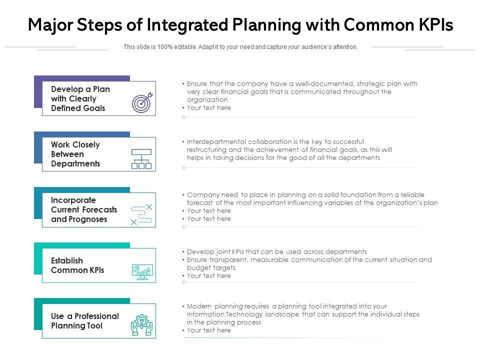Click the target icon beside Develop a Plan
[x=141, y=102]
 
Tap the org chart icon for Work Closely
[x=141, y=158]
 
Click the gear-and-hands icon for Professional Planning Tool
[x=141, y=325]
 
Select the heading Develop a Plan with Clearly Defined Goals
[x=80, y=98]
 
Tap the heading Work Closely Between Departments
[x=75, y=154]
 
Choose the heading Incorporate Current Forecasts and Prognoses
[x=83, y=209]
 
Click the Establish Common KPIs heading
[x=77, y=265]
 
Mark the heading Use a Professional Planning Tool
[x=84, y=321]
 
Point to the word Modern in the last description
[x=198, y=306]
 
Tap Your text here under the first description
[x=208, y=108]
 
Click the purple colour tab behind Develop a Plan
[x=37, y=92]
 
